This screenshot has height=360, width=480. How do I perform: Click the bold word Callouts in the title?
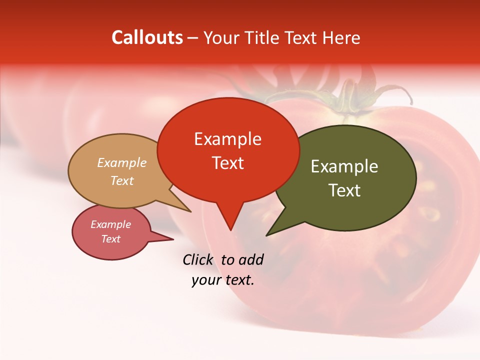(x=147, y=37)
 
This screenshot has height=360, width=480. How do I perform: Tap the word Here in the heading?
(x=341, y=37)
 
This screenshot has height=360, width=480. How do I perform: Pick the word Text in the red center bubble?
(x=227, y=162)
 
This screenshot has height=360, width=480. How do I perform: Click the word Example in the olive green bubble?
(x=344, y=166)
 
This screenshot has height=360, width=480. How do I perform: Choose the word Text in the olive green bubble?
(x=344, y=190)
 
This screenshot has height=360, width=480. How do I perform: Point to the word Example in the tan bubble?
(x=122, y=162)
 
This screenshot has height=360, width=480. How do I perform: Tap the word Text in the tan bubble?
(x=122, y=180)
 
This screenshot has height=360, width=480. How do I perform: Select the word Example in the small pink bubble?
(x=110, y=224)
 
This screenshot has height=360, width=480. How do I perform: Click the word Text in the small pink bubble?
(x=110, y=239)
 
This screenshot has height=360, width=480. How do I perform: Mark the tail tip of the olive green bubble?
(x=267, y=235)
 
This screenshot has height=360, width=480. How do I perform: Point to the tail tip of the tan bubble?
(x=190, y=211)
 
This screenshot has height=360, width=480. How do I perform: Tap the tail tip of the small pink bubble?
(x=173, y=239)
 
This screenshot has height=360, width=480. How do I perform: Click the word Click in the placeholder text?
(x=198, y=259)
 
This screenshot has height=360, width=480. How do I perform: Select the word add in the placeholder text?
(x=250, y=259)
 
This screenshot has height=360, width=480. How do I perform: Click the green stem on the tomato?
(x=345, y=100)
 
